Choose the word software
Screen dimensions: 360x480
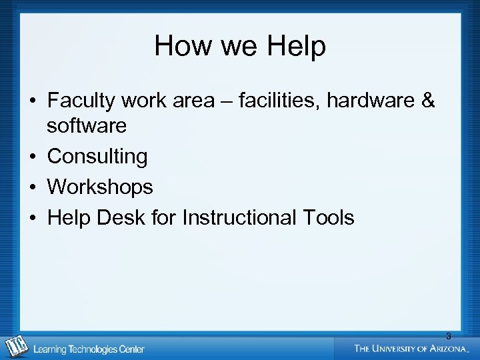[x=87, y=125]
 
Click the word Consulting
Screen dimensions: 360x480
[x=97, y=156]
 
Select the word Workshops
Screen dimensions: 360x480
[x=100, y=187]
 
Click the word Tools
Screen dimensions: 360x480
[x=329, y=217]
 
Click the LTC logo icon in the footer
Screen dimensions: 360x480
[x=17, y=347]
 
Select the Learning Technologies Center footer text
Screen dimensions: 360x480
[x=89, y=349]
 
